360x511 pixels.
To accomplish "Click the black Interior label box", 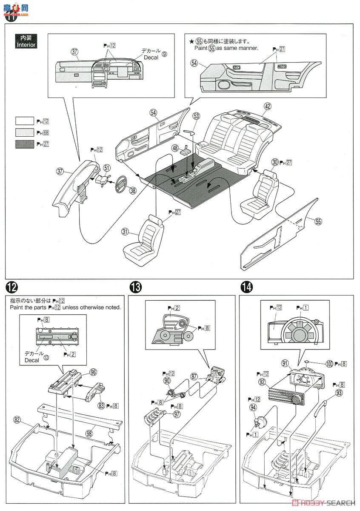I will tap(26, 42).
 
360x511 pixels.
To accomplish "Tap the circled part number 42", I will tap(267, 106).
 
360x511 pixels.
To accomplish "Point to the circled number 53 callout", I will tap(196, 116).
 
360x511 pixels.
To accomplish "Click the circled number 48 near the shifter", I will tap(176, 148).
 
